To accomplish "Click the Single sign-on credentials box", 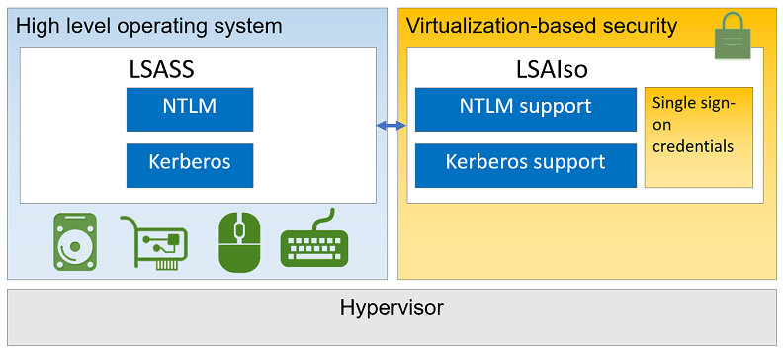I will point(698,136).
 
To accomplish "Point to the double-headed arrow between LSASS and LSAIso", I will point(391,125).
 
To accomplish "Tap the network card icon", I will point(153,243).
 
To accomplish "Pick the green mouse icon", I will point(238,243).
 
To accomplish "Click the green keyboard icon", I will point(314,243).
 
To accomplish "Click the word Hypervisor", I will point(391,308).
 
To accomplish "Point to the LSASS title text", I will point(164,70).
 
